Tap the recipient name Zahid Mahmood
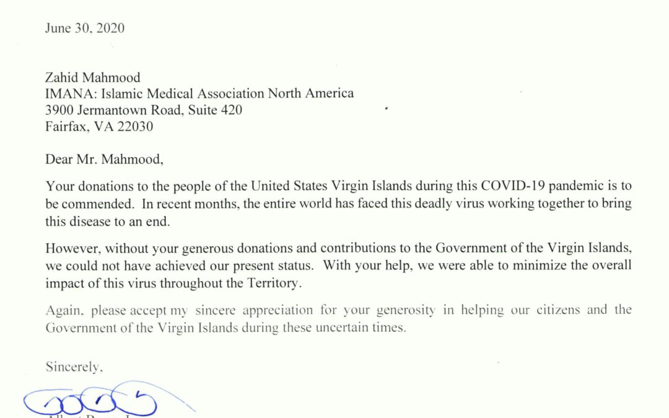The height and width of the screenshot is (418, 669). coord(93,77)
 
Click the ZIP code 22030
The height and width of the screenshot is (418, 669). coord(133,126)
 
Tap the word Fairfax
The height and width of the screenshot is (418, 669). coord(65,126)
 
